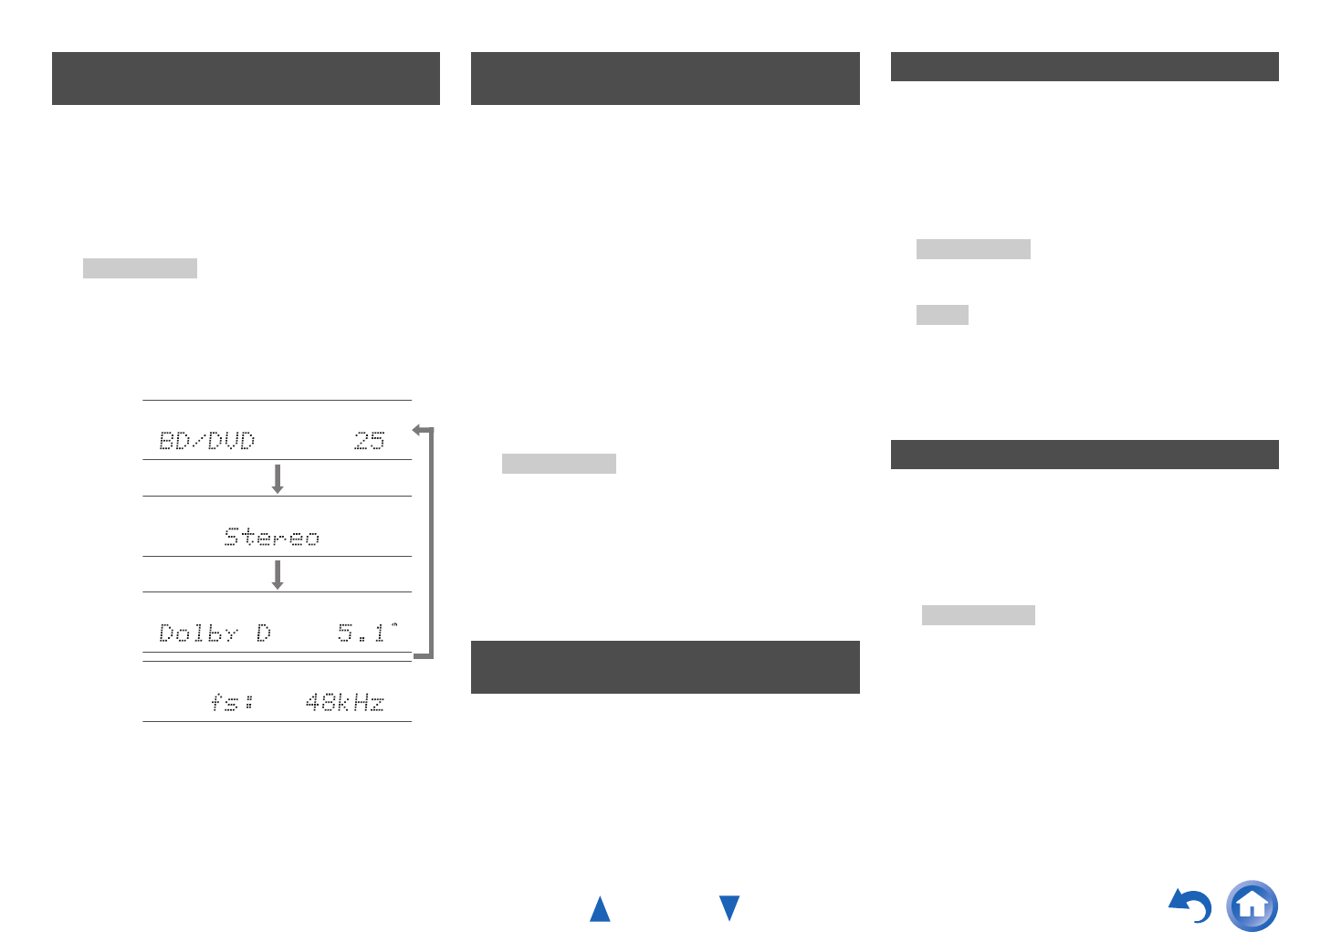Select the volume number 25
[x=370, y=441]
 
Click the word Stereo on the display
[x=272, y=537]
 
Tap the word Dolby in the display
[x=198, y=633]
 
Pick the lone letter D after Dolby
[x=264, y=633]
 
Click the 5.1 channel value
[x=362, y=633]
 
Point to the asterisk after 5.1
[x=394, y=625]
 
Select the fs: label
[x=232, y=702]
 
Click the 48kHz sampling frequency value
[x=345, y=703]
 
